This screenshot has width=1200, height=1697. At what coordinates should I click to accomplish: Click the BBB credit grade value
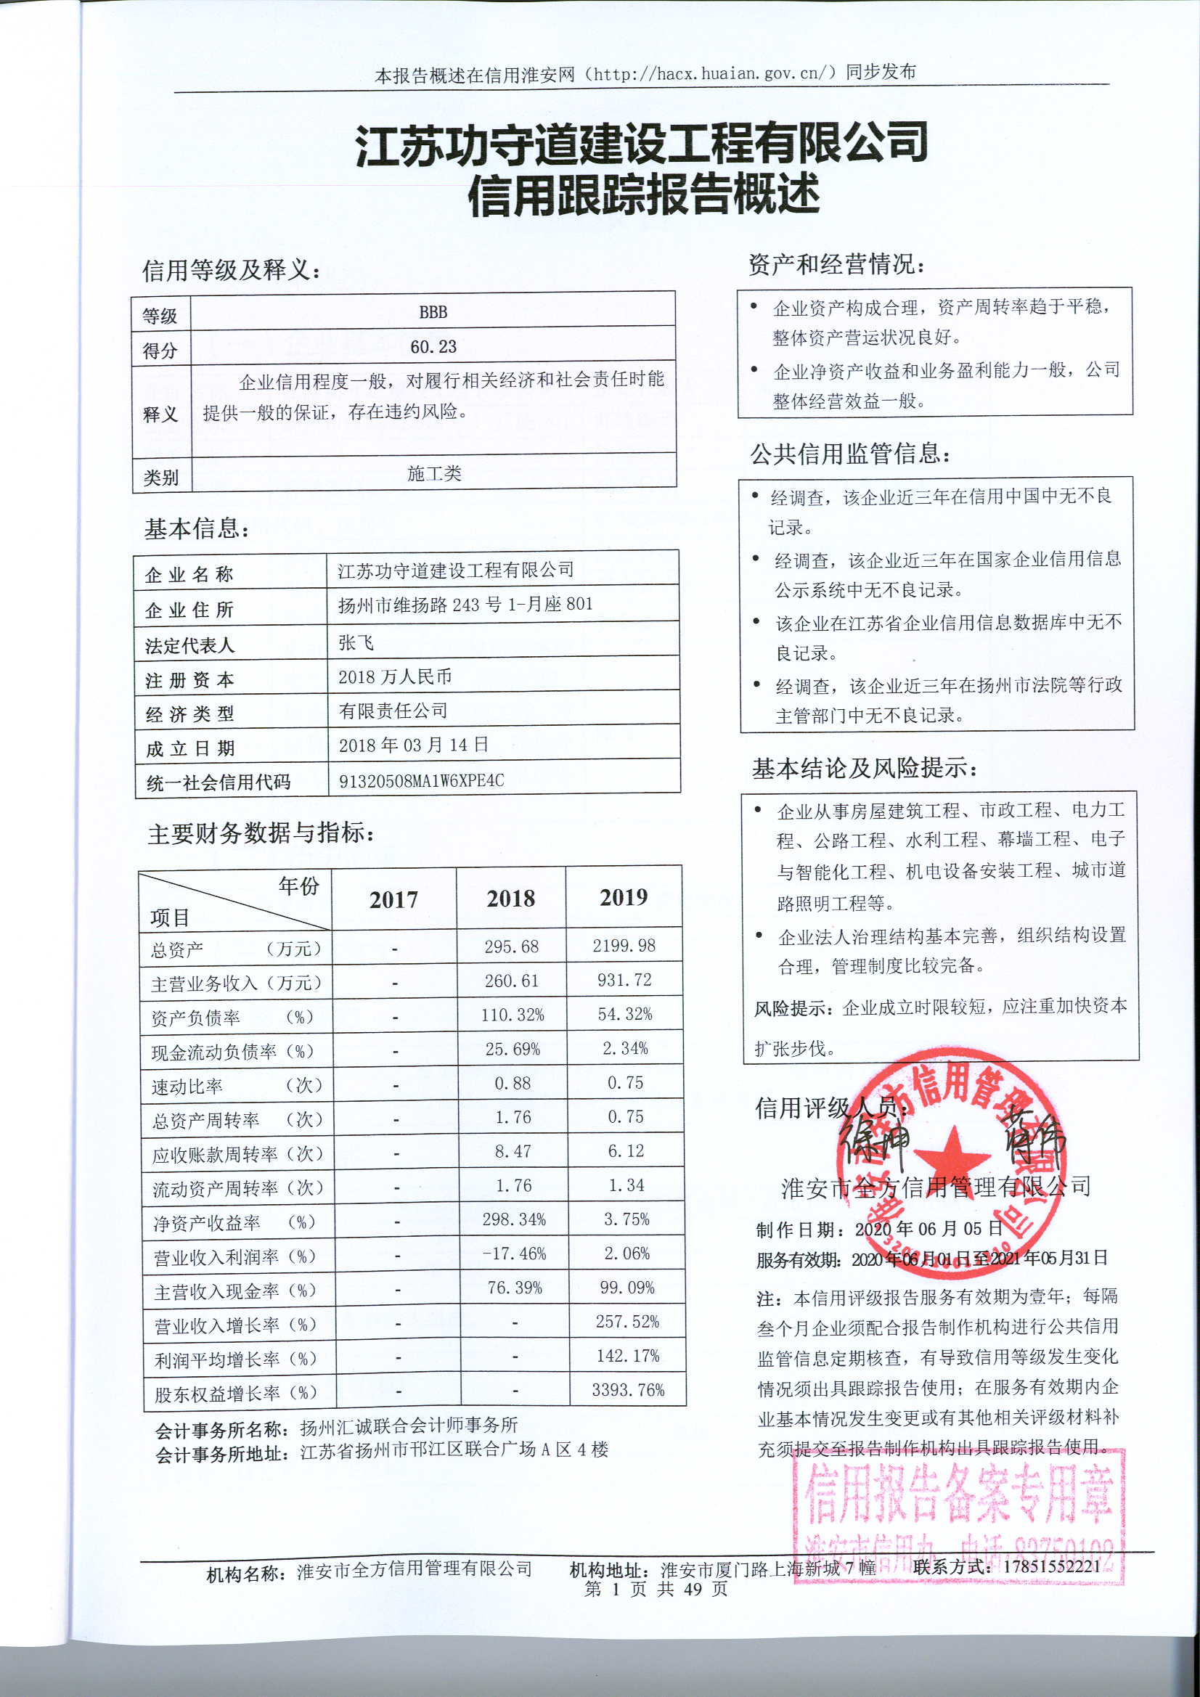tap(433, 312)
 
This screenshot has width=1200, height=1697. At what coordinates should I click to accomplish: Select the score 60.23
tap(433, 347)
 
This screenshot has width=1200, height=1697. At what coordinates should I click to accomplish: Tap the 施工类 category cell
tap(434, 473)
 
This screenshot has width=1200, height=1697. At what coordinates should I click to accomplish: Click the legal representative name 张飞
tap(356, 642)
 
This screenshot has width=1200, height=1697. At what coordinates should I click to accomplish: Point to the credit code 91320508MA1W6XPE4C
tap(421, 780)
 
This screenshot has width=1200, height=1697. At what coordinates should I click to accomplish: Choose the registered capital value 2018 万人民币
tap(394, 676)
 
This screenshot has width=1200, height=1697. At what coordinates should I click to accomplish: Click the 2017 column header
tap(393, 899)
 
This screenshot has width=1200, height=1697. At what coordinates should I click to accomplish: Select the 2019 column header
tap(624, 897)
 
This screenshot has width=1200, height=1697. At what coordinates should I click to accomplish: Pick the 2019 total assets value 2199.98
tap(624, 945)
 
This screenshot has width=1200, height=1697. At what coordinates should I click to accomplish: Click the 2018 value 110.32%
tap(512, 1015)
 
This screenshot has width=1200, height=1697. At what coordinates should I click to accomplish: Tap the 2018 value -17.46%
tap(514, 1254)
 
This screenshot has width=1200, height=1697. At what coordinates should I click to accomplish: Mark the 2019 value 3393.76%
tap(627, 1390)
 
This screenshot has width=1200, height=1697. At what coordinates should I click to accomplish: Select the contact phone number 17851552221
tap(1051, 1566)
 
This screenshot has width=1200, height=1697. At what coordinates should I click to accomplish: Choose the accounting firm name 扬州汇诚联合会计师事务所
tap(408, 1426)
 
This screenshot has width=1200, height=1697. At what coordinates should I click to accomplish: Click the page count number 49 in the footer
tap(693, 1588)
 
